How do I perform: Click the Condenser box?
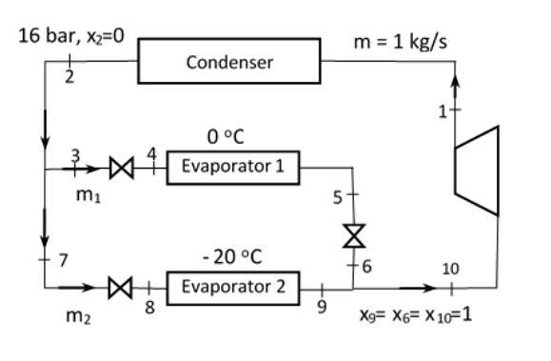(x=229, y=63)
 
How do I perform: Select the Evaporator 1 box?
(x=232, y=168)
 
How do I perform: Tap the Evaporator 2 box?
(x=232, y=285)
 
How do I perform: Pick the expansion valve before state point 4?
(x=122, y=169)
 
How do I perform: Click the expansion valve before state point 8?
(x=122, y=285)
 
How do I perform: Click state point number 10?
(x=452, y=269)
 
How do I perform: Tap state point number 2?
(x=69, y=77)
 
